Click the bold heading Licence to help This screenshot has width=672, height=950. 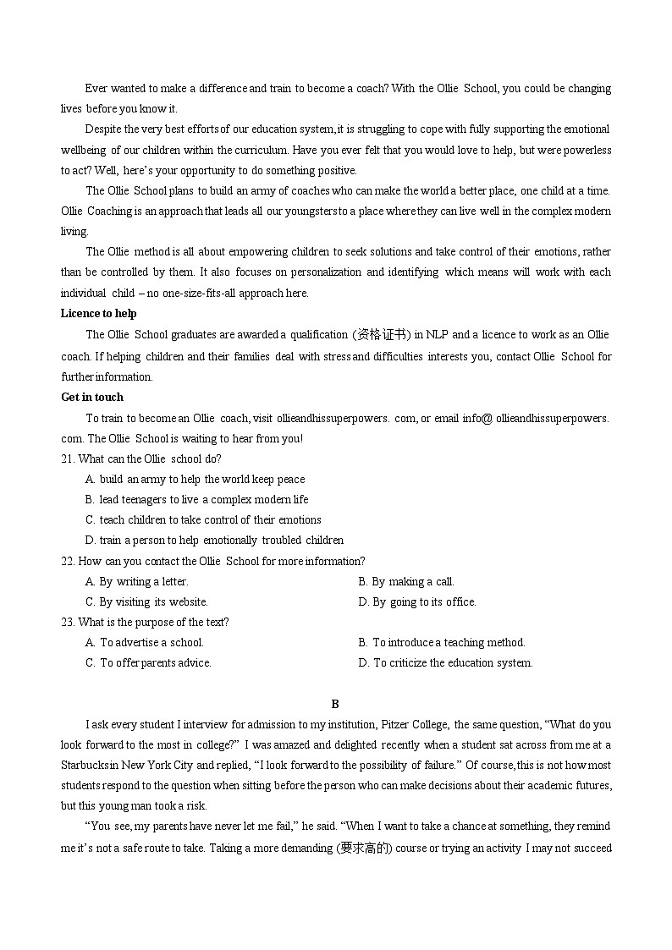[98, 314]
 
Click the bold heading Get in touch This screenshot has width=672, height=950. [92, 397]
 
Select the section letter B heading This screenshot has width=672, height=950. [335, 704]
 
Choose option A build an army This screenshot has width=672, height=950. [195, 480]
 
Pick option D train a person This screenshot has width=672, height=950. [214, 541]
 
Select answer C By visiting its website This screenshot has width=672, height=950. [146, 601]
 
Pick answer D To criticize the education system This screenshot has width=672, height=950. [445, 662]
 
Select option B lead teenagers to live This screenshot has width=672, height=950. [196, 500]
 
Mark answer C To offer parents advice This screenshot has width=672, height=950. [148, 662]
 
